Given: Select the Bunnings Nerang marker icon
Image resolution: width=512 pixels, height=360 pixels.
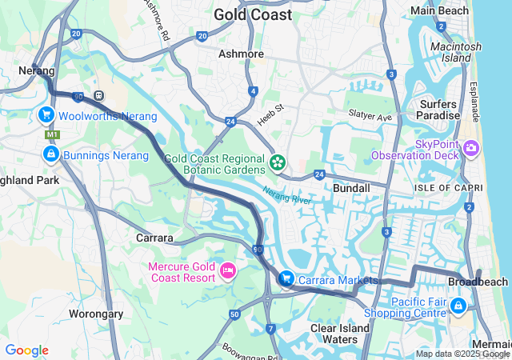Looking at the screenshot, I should click(51, 154).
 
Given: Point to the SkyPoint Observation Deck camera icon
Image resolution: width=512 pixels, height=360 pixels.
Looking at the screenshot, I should click(470, 147).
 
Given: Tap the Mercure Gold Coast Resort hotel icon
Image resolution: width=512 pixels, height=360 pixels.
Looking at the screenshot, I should click(227, 272).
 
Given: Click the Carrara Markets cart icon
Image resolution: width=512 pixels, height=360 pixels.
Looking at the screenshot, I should click(286, 278).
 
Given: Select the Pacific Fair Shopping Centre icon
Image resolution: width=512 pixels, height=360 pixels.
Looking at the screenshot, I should click(458, 305).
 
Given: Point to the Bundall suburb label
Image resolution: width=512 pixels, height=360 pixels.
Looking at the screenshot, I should click(351, 188).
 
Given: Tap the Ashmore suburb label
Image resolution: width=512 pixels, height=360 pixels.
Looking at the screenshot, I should click(241, 54).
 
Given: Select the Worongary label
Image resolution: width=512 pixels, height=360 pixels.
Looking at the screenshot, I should click(96, 314).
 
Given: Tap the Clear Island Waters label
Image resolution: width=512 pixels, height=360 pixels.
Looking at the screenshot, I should click(340, 334).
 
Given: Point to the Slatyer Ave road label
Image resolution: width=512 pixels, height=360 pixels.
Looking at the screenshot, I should click(370, 116).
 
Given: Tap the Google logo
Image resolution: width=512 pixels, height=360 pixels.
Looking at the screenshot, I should click(26, 350).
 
